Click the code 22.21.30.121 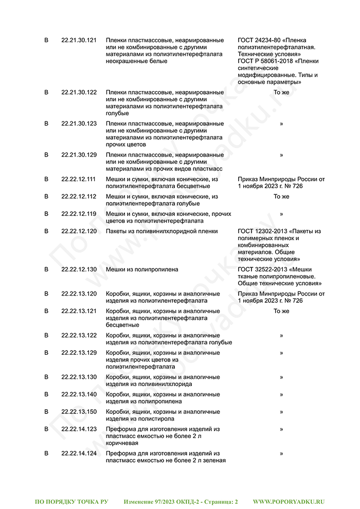click(x=79, y=40)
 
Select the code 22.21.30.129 click(x=79, y=155)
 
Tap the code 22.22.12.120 click(x=79, y=231)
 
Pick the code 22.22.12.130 click(x=79, y=269)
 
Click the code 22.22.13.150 click(x=79, y=412)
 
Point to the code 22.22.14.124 click(x=79, y=453)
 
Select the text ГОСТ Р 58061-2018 click(x=266, y=61)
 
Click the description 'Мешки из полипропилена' click(x=142, y=269)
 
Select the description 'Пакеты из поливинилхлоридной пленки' click(x=161, y=231)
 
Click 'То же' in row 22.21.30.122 click(x=281, y=93)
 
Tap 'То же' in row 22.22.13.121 click(x=281, y=311)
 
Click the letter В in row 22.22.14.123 click(x=46, y=429)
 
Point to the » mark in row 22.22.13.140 click(x=281, y=394)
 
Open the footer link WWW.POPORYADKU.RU click(x=289, y=501)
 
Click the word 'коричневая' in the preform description click(x=122, y=443)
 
